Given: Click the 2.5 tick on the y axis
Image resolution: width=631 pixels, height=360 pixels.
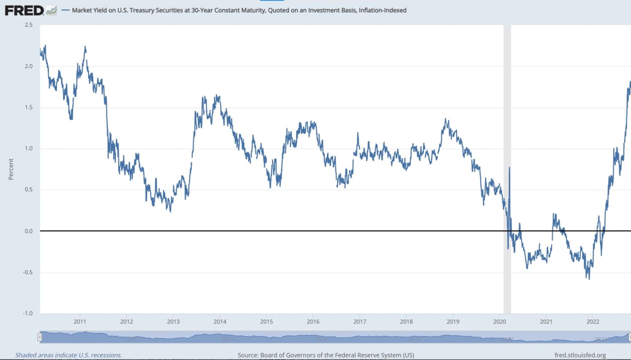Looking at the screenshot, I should click(28, 25).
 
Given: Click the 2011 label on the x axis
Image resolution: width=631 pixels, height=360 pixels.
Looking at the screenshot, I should click(80, 322).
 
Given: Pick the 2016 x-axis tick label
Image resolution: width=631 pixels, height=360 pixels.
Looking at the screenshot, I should click(313, 322).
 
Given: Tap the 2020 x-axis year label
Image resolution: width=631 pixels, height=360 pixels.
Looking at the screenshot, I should click(499, 322).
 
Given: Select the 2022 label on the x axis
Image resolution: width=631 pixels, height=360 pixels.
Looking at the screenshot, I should click(593, 322).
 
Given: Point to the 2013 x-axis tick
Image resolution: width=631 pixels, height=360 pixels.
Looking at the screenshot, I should click(173, 322).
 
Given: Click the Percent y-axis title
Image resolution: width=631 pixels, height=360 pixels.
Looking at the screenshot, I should click(11, 169).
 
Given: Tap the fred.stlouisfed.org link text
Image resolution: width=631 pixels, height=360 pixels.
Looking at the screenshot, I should click(580, 355).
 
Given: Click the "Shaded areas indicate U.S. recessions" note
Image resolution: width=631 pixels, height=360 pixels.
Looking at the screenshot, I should click(69, 355).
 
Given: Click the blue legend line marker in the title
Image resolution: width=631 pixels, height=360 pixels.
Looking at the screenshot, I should click(67, 10).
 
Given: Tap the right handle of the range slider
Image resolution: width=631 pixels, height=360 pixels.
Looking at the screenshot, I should click(629, 337).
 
